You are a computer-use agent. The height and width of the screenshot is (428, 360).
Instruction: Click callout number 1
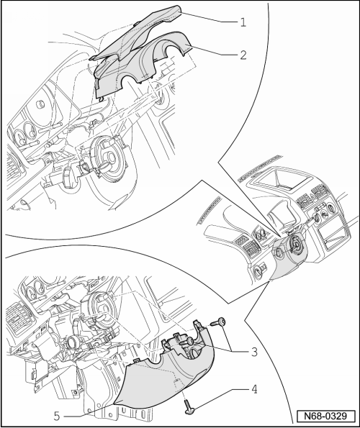[243, 22]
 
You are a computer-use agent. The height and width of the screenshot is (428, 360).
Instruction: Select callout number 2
[243, 55]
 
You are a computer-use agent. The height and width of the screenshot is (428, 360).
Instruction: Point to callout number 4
[254, 389]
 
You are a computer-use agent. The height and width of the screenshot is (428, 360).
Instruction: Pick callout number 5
[57, 416]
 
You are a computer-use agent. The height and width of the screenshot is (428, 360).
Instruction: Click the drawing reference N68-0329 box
[326, 416]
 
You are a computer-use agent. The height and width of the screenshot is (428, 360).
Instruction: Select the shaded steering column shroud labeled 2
[142, 63]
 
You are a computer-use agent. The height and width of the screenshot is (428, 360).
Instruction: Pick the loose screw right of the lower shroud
[218, 323]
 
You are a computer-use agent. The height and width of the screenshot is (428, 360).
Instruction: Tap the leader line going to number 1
[210, 17]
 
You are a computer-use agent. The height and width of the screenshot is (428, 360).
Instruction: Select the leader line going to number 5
[87, 411]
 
